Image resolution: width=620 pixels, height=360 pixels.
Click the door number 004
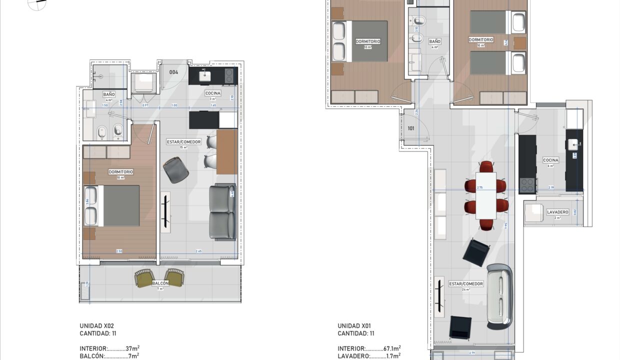tap(174, 72)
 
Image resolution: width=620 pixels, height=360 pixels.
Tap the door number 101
tap(411, 128)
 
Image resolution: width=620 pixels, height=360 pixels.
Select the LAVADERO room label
tap(557, 212)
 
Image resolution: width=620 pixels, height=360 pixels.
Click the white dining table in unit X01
tap(486, 195)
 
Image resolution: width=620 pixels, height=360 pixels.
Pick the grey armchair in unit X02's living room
tap(175, 170)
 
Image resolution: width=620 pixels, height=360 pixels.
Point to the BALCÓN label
tap(160, 283)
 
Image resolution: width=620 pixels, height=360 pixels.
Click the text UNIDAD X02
tap(97, 325)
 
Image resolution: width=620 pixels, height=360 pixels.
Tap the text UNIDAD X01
tap(355, 325)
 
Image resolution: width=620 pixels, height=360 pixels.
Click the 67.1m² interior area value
tap(392, 348)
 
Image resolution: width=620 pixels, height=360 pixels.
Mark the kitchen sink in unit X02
tap(204, 75)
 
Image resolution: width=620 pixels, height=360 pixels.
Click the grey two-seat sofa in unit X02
tap(222, 212)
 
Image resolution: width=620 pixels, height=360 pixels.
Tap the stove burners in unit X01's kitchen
tap(527, 185)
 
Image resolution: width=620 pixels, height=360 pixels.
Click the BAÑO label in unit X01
tap(434, 41)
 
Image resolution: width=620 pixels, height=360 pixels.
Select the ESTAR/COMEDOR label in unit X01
tap(466, 284)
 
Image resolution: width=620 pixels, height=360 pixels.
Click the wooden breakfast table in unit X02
tap(227, 152)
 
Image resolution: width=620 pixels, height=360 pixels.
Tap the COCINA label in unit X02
tap(212, 93)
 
